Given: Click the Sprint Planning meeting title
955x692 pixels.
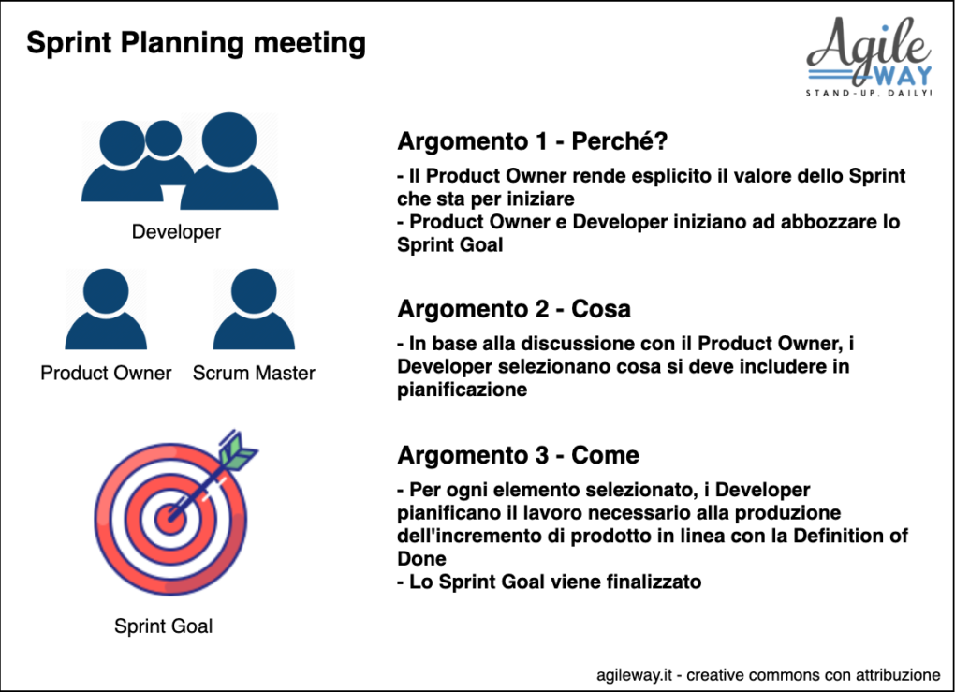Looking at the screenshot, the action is pos(196,44).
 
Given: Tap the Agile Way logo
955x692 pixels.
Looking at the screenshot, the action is pos(869,57).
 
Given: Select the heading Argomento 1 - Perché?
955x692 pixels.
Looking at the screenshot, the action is pos(533,141).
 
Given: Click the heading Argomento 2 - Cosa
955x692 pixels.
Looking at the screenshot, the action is pos(513,309).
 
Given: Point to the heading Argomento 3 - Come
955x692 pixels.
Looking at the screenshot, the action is pos(519,455).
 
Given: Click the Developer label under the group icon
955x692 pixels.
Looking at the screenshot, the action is pos(176,232).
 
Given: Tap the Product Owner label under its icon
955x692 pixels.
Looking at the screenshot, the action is pos(106,373).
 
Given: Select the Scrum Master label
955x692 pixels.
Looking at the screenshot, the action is pos(254,373).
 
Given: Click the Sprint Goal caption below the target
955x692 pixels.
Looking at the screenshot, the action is pos(163,626).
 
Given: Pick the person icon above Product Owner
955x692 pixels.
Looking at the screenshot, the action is pos(106,309).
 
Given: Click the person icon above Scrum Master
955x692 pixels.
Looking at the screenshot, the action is pos(254,309).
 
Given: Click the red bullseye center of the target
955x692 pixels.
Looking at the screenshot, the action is pos(169,520).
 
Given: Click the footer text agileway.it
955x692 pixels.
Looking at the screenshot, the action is pos(634,675).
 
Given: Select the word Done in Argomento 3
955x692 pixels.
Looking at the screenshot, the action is pos(421,559).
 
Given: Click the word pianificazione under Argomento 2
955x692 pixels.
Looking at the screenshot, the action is pos(463,390).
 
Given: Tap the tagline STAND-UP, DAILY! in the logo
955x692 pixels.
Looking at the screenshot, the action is pos(869,94).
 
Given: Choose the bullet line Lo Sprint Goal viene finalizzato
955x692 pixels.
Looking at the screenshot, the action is pos(550,582).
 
